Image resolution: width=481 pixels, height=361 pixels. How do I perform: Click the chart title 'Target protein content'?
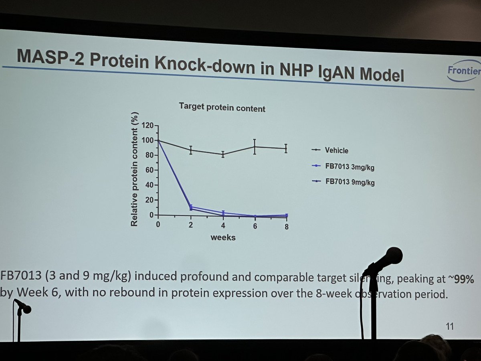[222, 107]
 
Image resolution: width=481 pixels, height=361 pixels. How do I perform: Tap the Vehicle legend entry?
[336, 151]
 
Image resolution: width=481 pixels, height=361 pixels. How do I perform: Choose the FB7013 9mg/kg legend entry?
[350, 182]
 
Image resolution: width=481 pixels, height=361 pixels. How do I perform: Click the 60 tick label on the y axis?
[150, 170]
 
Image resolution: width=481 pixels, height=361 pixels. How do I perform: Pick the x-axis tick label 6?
[255, 226]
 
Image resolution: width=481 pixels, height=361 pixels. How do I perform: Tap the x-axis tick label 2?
[191, 225]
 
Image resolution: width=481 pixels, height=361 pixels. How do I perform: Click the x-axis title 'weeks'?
[223, 237]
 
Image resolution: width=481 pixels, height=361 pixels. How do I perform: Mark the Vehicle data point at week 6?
[255, 147]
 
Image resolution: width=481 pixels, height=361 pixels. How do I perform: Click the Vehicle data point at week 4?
[223, 154]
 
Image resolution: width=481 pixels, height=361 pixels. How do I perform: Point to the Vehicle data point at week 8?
[286, 148]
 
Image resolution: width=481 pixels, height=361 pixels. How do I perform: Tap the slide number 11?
[449, 327]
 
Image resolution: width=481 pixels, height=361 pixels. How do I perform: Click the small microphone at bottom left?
[23, 307]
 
